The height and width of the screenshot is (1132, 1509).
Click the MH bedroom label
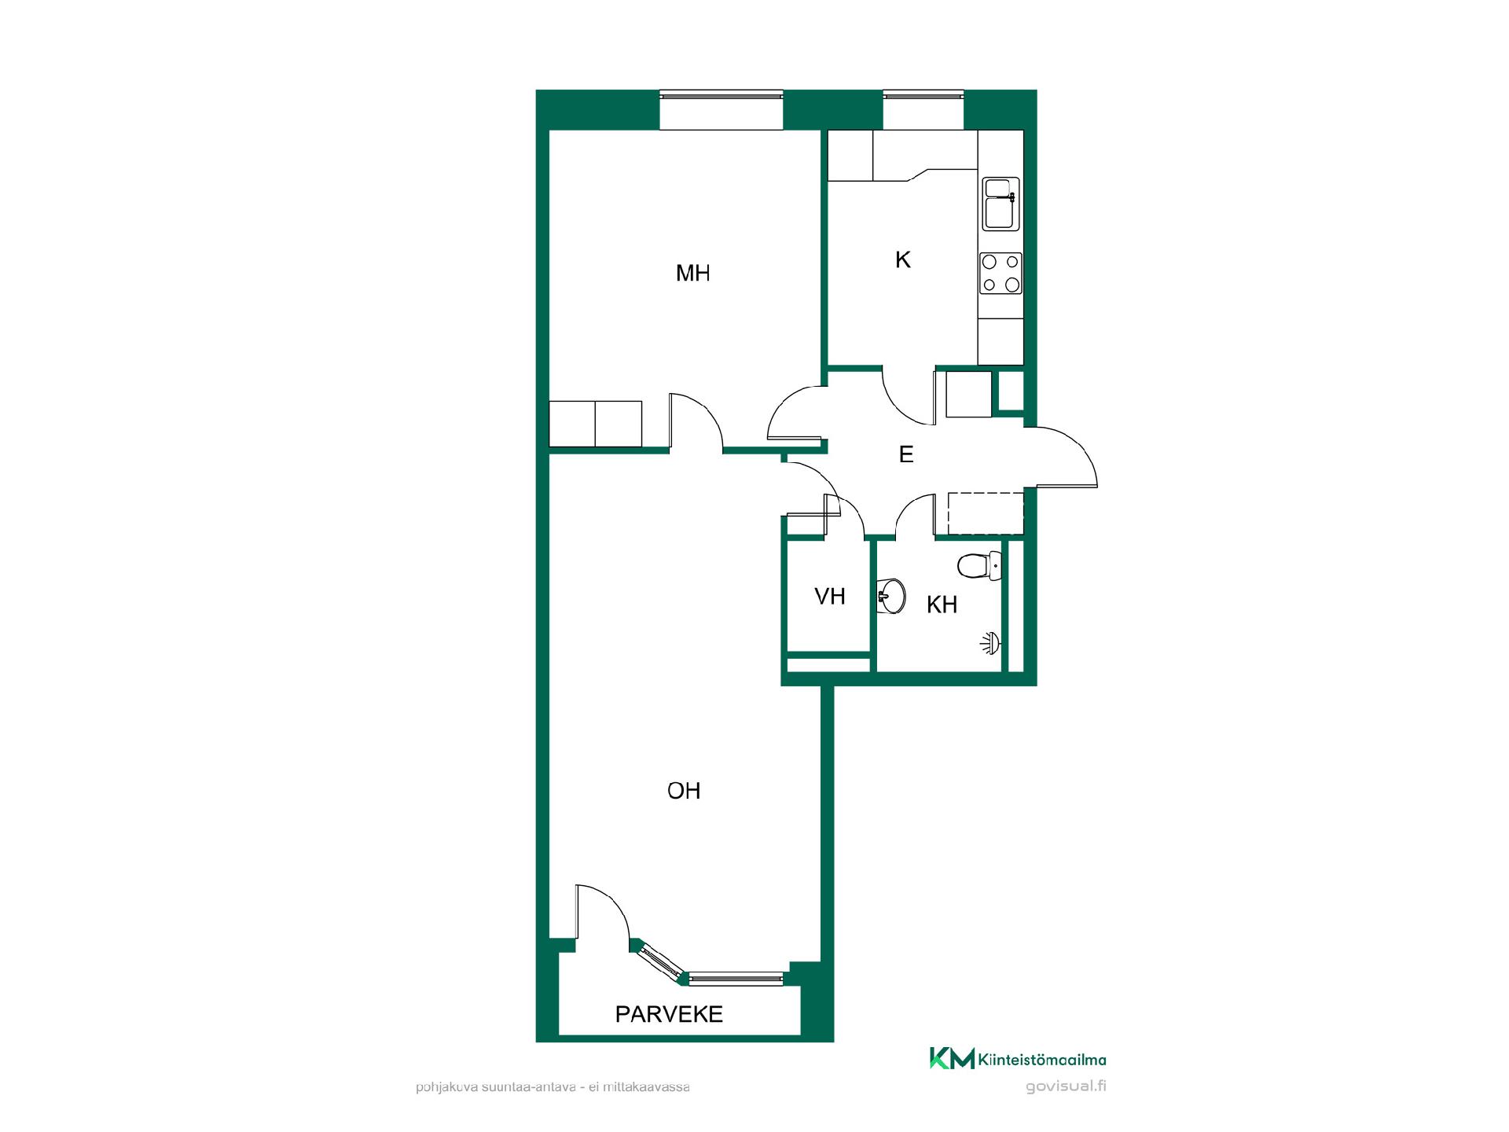click(692, 273)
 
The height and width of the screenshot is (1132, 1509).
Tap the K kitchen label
click(902, 259)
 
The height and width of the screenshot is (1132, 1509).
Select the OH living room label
click(684, 791)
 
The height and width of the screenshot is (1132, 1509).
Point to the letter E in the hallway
click(906, 454)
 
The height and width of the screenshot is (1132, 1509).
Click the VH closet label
click(830, 597)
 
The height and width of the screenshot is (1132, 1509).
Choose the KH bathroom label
click(942, 605)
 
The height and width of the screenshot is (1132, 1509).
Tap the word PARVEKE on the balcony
click(669, 1014)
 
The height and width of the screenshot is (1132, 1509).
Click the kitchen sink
click(1001, 204)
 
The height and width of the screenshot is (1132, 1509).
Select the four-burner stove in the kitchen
click(1000, 273)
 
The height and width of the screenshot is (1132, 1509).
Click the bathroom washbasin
click(891, 596)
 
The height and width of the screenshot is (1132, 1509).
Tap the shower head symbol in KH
click(992, 644)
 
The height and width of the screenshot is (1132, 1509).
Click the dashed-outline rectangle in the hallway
click(986, 513)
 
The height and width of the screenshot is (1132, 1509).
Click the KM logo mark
click(952, 1058)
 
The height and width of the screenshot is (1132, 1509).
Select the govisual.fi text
click(1066, 1086)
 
